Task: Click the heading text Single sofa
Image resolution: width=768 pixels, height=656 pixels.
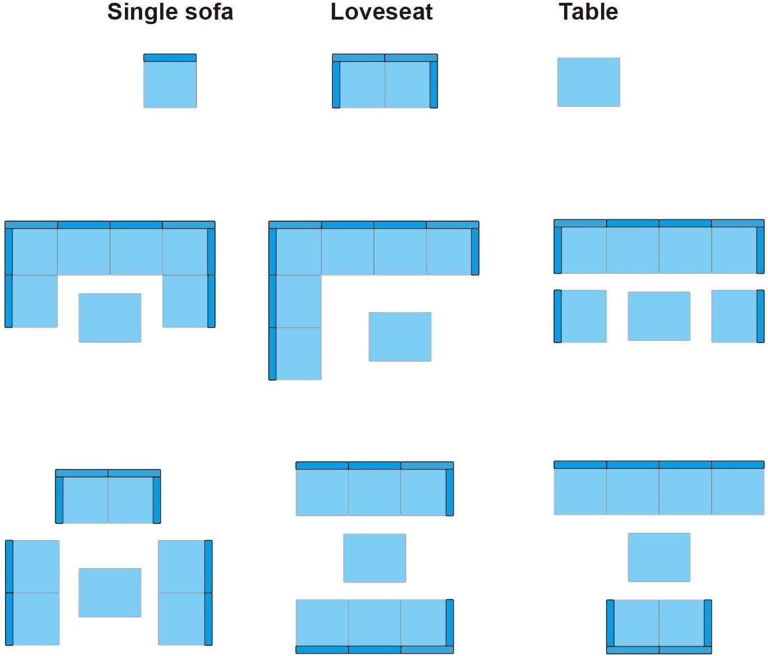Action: pos(170,12)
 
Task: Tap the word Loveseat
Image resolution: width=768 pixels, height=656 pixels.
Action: pos(381,12)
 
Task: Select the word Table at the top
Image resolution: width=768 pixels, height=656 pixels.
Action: pos(589,12)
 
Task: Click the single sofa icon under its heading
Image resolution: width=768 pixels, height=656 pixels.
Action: pos(170,81)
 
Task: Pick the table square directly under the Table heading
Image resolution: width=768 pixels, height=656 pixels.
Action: pos(589,82)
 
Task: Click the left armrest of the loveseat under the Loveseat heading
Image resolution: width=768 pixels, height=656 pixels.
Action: pos(336,85)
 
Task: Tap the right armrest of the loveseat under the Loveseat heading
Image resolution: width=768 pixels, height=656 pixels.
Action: pos(434,85)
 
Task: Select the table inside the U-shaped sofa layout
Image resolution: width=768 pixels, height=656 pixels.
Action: pos(110,318)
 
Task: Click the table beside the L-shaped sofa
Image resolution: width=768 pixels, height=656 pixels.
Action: pos(400,337)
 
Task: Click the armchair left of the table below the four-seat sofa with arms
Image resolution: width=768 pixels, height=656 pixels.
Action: pos(580,316)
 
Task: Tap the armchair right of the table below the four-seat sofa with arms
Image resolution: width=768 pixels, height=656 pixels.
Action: pos(738,316)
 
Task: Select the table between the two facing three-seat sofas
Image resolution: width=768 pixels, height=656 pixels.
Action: pos(375,558)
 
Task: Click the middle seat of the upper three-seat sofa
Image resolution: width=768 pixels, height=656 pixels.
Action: pos(375,492)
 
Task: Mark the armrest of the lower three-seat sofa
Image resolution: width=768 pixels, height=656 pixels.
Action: pos(450,622)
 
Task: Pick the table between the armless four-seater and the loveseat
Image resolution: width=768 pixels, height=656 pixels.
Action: pos(659,557)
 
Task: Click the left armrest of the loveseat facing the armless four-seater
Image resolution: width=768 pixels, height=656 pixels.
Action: pos(610,623)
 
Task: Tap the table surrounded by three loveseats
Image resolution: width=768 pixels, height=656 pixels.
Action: pos(110,593)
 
